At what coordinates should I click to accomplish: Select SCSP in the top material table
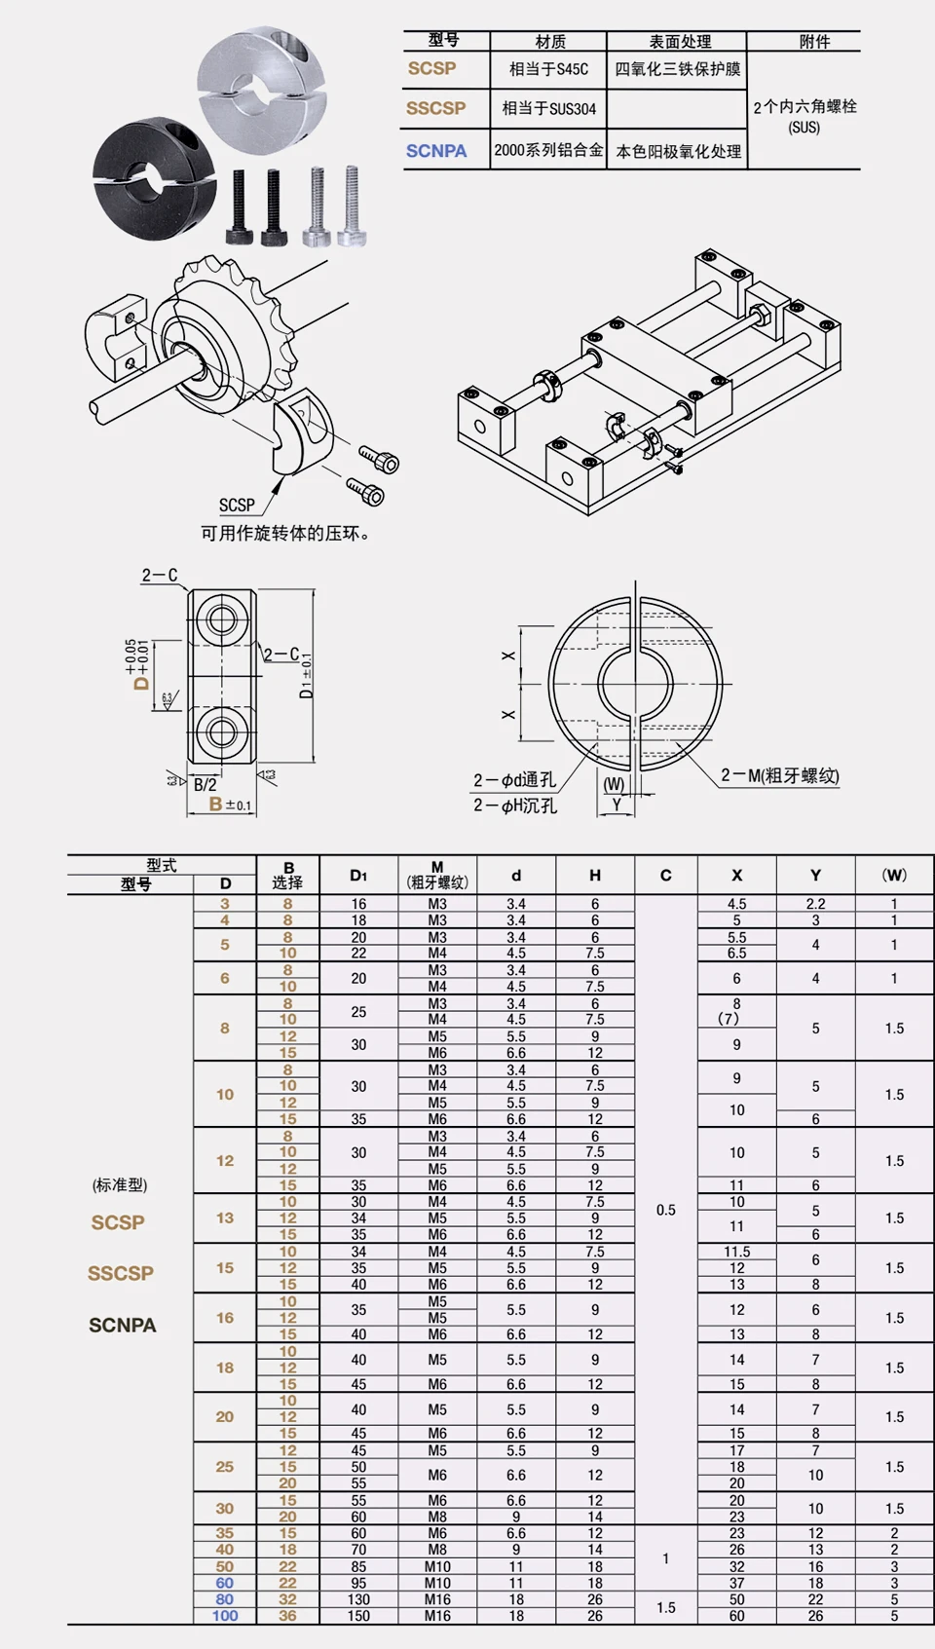(x=431, y=68)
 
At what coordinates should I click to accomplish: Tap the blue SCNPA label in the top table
(x=436, y=151)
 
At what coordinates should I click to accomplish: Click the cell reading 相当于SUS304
(x=548, y=109)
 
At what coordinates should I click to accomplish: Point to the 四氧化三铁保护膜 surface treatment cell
(x=677, y=69)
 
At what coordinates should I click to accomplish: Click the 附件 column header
(x=814, y=41)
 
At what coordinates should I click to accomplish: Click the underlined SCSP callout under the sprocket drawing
(x=237, y=505)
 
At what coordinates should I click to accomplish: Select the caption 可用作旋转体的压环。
(x=285, y=533)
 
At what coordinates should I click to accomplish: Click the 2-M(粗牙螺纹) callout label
(x=779, y=775)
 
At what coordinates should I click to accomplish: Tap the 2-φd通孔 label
(x=514, y=780)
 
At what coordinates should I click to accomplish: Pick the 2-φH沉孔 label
(x=515, y=806)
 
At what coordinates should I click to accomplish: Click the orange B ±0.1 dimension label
(x=230, y=805)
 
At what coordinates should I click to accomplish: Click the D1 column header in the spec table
(x=358, y=876)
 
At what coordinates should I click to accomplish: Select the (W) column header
(x=893, y=875)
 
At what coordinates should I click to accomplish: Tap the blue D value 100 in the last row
(x=225, y=1616)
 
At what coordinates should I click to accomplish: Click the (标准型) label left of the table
(x=120, y=1184)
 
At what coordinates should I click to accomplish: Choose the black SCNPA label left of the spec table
(x=122, y=1325)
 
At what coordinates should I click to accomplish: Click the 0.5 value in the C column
(x=665, y=1210)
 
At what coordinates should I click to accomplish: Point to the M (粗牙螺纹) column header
(x=437, y=875)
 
